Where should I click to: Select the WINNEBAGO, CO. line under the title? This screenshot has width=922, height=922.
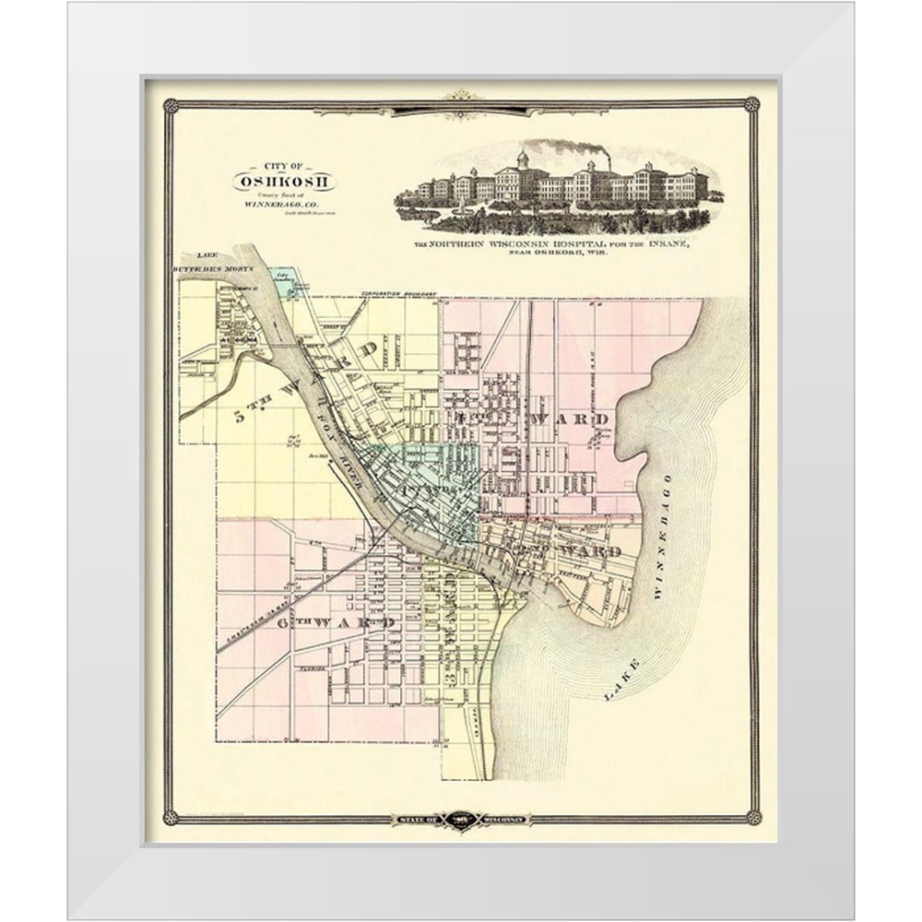283,204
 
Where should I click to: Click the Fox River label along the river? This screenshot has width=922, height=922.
337,433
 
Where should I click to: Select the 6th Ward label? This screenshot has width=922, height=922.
337,622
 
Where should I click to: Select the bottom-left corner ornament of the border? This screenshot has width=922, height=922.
170,817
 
